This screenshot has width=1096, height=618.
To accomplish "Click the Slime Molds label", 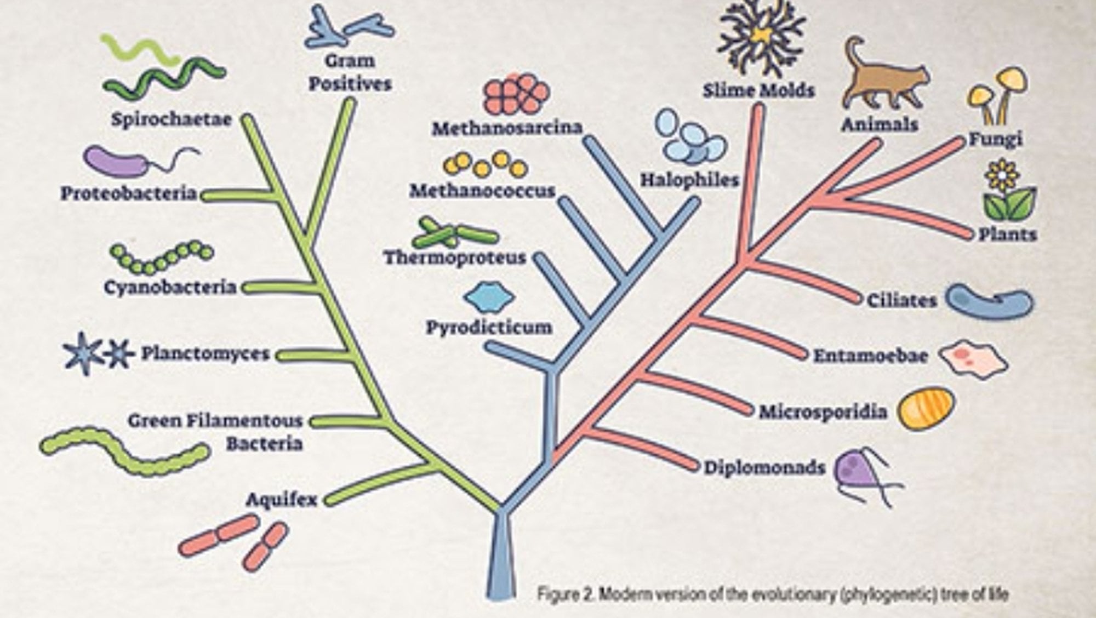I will pos(759,90).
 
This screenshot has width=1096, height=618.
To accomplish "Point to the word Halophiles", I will pos(690,180).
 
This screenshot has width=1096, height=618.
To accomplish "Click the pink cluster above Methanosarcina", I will pos(516,95).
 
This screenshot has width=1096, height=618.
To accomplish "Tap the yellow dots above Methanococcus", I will pos(485,164).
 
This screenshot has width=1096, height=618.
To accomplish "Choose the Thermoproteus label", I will pos(455,257).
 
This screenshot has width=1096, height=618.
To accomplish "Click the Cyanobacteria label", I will pos(170,288).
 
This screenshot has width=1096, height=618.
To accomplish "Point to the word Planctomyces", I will pos(206,354).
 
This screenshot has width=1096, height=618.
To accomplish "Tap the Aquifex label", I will pos(282,500).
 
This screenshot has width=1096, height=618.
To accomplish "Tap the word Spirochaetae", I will pos(172,119).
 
